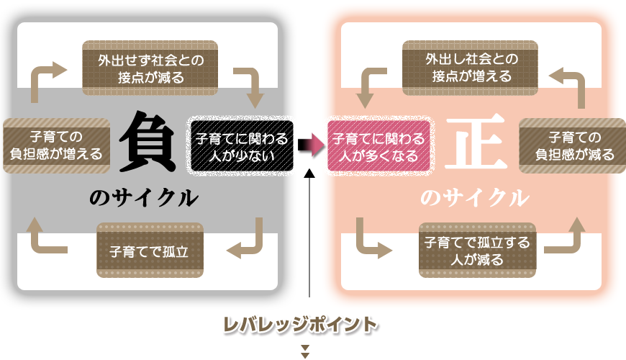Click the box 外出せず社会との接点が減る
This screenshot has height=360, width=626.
150,68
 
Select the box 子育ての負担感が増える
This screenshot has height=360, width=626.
56,145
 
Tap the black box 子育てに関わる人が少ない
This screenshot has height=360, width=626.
240,145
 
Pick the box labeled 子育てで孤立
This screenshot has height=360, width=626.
150,251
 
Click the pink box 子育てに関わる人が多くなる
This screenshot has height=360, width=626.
378,145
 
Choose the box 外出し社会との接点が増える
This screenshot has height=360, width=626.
468,68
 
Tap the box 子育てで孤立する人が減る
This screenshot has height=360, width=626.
477,251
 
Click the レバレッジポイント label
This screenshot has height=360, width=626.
300,325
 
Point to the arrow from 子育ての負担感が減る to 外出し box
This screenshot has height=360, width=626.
571,82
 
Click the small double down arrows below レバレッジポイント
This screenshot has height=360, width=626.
305,351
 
